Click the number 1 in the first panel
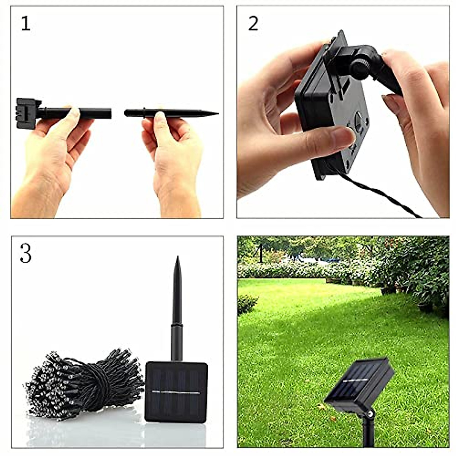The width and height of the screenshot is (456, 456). tap(25, 24)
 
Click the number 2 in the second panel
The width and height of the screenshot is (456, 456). tap(253, 24)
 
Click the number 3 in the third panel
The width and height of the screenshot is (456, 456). tap(25, 253)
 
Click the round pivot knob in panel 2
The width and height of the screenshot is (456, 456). tap(359, 69)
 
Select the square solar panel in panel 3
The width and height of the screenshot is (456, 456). tap(176, 391)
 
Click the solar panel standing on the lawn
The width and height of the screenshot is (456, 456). tap(359, 384)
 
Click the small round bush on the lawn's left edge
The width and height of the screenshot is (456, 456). tap(247, 304)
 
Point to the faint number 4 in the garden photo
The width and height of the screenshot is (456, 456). tap(261, 253)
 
